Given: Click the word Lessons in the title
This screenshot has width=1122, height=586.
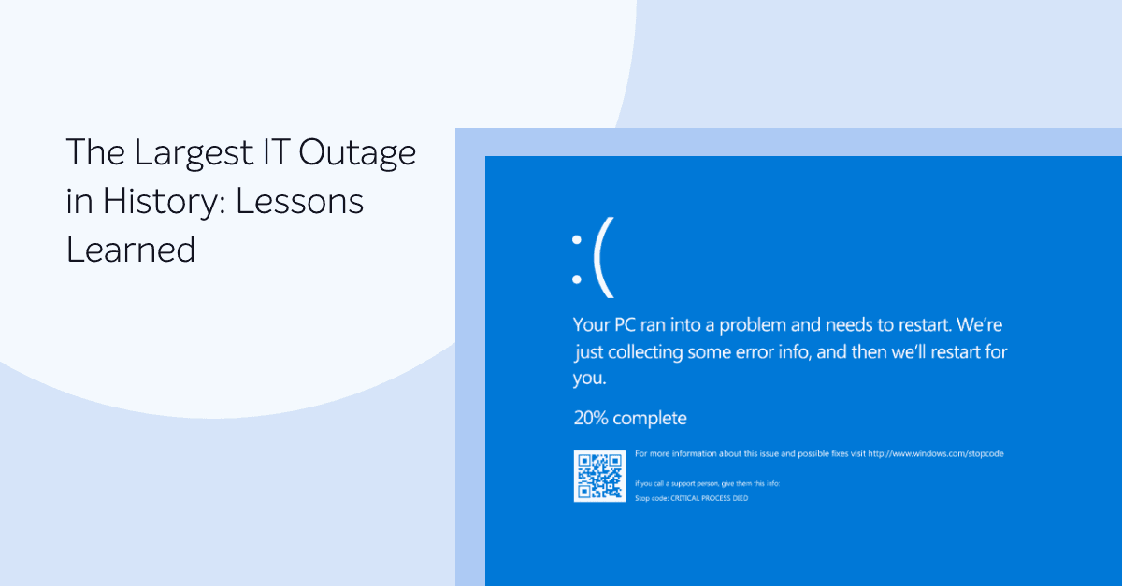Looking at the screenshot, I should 299,202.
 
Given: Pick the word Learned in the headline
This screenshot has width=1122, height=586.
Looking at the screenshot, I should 131,250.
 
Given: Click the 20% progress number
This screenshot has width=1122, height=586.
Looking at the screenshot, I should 591,418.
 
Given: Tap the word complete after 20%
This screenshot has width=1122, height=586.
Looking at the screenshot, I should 650,418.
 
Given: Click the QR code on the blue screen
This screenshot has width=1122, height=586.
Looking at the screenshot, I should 598,476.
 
